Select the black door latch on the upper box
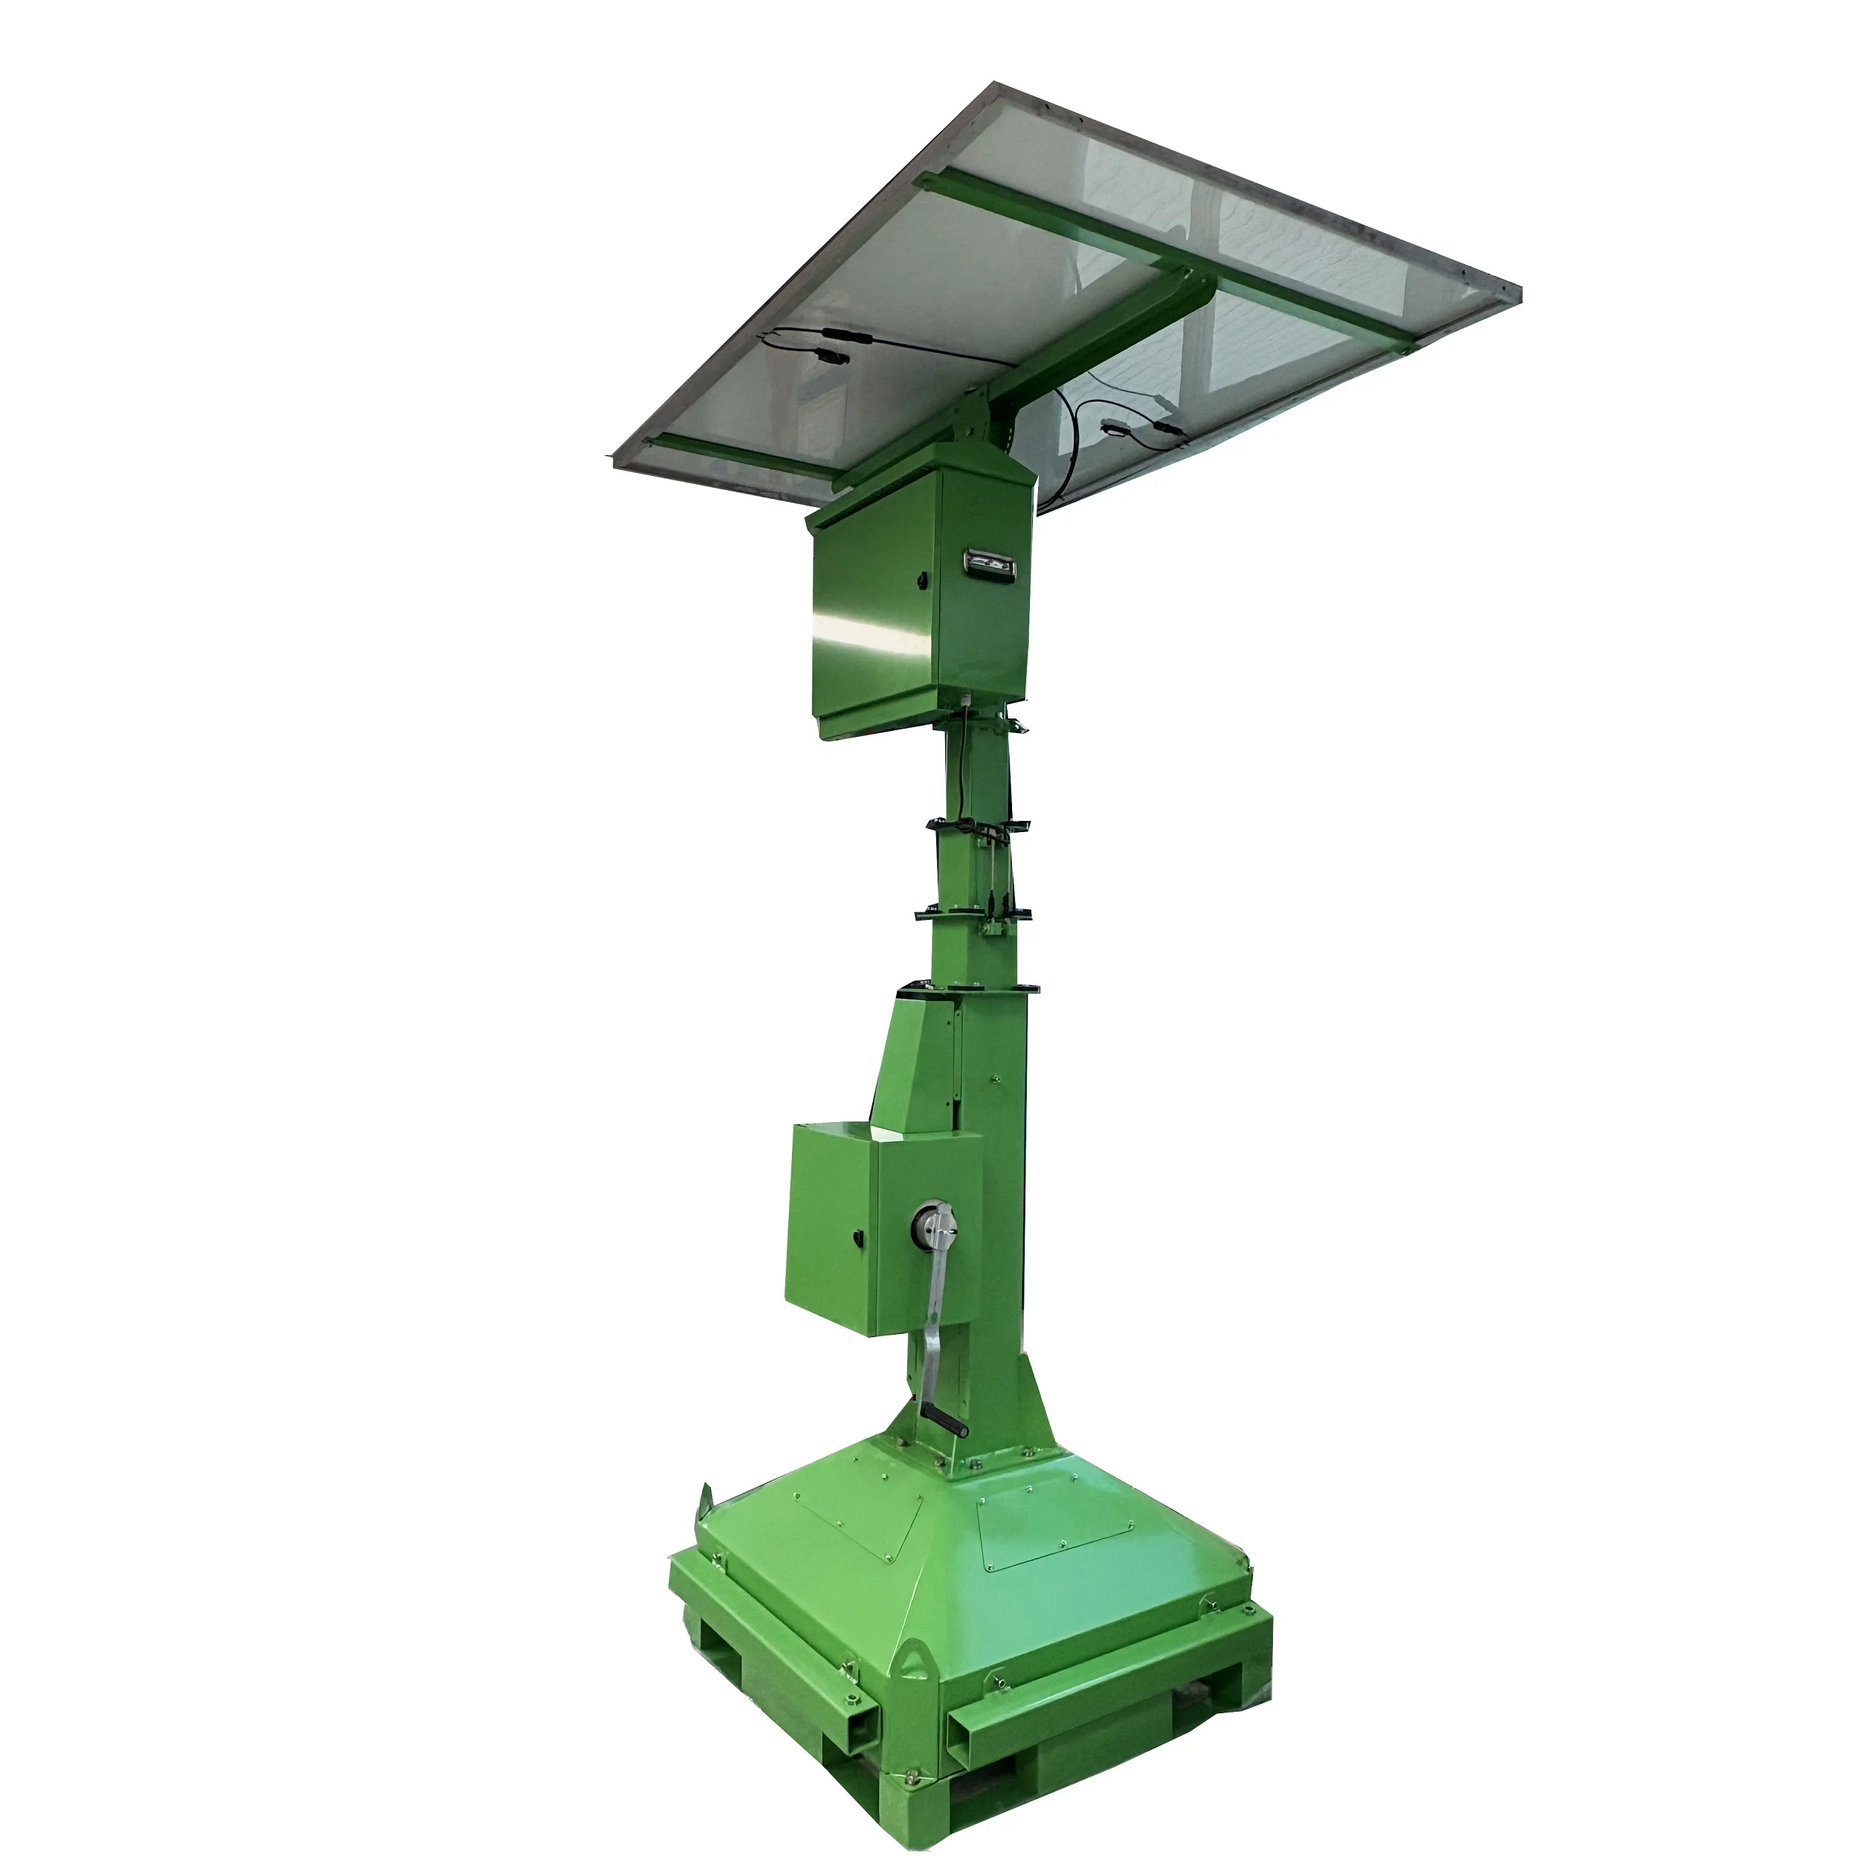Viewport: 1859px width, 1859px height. point(923,581)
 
